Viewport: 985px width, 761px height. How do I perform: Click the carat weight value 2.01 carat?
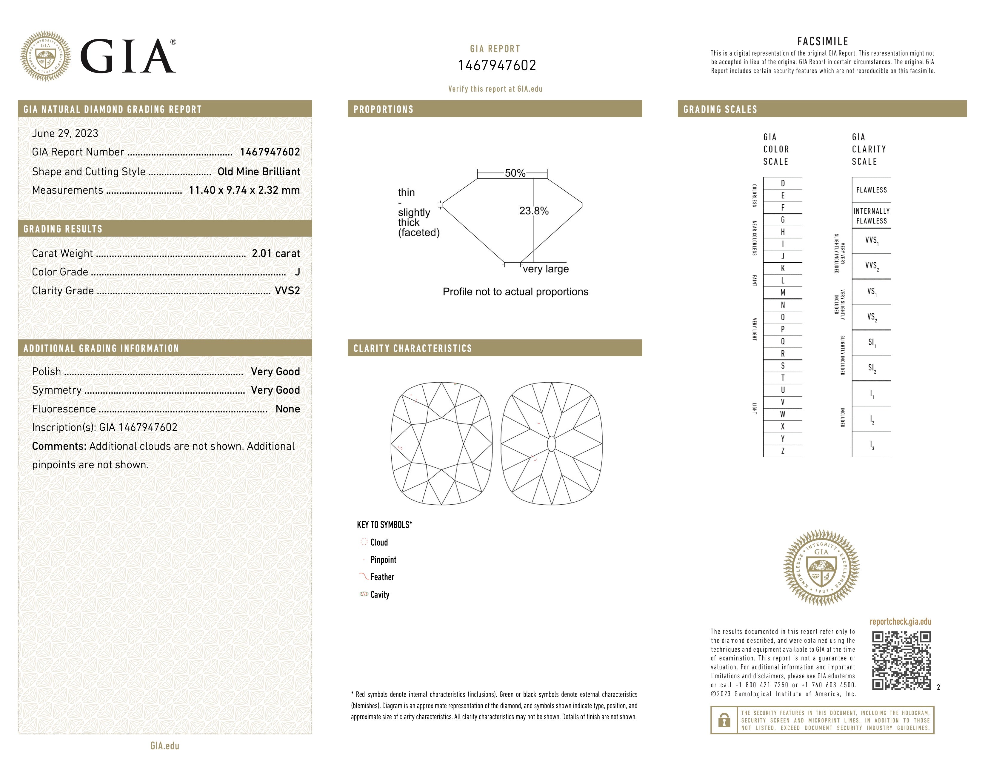[276, 253]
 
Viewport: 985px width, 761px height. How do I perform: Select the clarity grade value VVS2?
[287, 291]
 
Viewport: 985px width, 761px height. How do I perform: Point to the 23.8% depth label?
[534, 211]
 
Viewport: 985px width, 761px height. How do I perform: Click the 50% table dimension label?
[515, 173]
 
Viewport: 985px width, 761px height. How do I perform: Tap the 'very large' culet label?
[546, 269]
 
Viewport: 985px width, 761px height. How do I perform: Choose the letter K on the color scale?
[783, 268]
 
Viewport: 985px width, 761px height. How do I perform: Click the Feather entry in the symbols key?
[382, 577]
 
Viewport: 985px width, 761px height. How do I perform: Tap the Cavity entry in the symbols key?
[380, 595]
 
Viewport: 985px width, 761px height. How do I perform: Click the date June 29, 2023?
[65, 133]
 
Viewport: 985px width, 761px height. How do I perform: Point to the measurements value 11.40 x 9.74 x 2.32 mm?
[244, 190]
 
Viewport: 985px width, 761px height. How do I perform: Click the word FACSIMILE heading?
[823, 41]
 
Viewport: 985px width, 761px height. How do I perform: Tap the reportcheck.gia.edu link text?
[900, 622]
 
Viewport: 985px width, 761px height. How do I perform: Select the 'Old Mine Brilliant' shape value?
[258, 172]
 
